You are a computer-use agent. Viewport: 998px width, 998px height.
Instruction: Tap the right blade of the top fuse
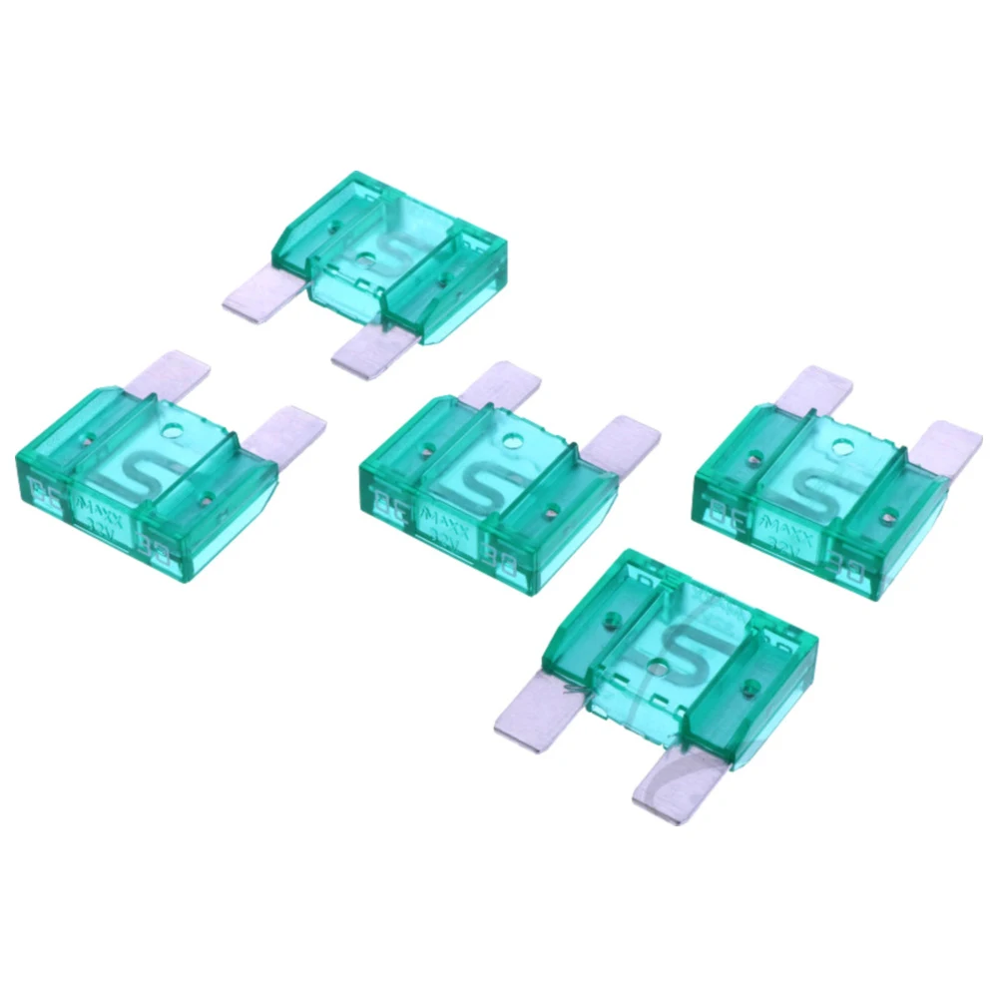tap(369, 354)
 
